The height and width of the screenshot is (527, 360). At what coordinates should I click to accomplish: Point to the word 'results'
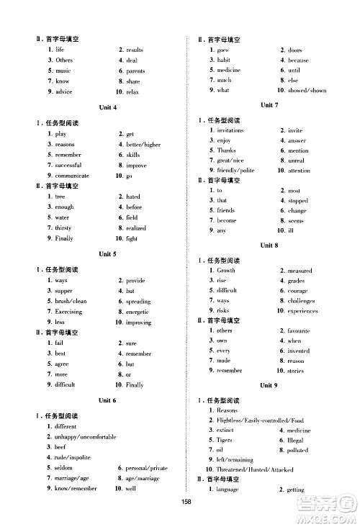135,50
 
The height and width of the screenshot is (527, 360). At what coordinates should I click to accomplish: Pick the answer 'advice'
63,92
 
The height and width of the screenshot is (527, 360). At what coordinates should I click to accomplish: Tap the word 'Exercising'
68,312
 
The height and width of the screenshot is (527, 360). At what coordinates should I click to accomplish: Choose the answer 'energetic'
138,312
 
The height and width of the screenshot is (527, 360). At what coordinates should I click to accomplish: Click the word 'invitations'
230,130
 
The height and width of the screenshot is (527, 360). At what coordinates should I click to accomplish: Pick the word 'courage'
297,290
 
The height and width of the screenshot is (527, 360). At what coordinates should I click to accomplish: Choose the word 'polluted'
297,450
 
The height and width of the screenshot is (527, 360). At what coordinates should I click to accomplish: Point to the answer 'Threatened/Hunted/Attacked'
255,469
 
